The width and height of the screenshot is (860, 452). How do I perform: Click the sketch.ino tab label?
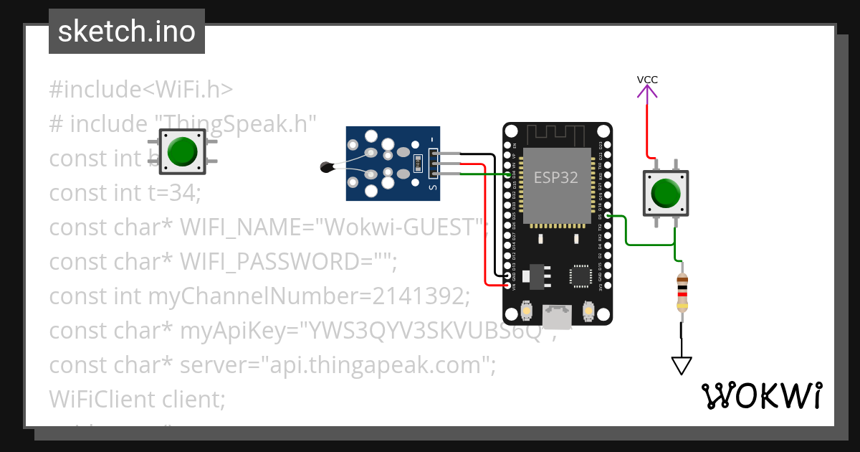point(127,32)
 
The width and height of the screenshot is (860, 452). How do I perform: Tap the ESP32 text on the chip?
point(555,178)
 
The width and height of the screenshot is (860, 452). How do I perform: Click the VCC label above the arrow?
point(647,80)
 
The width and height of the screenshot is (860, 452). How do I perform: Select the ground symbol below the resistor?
point(682,365)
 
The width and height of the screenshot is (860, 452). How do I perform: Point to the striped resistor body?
point(682,293)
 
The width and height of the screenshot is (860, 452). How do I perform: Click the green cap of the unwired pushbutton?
point(182,151)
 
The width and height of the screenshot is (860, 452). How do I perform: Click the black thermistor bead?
point(327,168)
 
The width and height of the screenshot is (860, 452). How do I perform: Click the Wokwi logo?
point(761,395)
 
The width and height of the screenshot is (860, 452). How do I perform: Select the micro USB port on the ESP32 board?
point(558,316)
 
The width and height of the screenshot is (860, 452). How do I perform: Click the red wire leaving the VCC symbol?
point(647,129)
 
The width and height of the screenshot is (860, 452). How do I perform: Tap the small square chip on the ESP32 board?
point(580,276)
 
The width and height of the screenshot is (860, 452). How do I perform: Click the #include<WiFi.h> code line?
point(141,90)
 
